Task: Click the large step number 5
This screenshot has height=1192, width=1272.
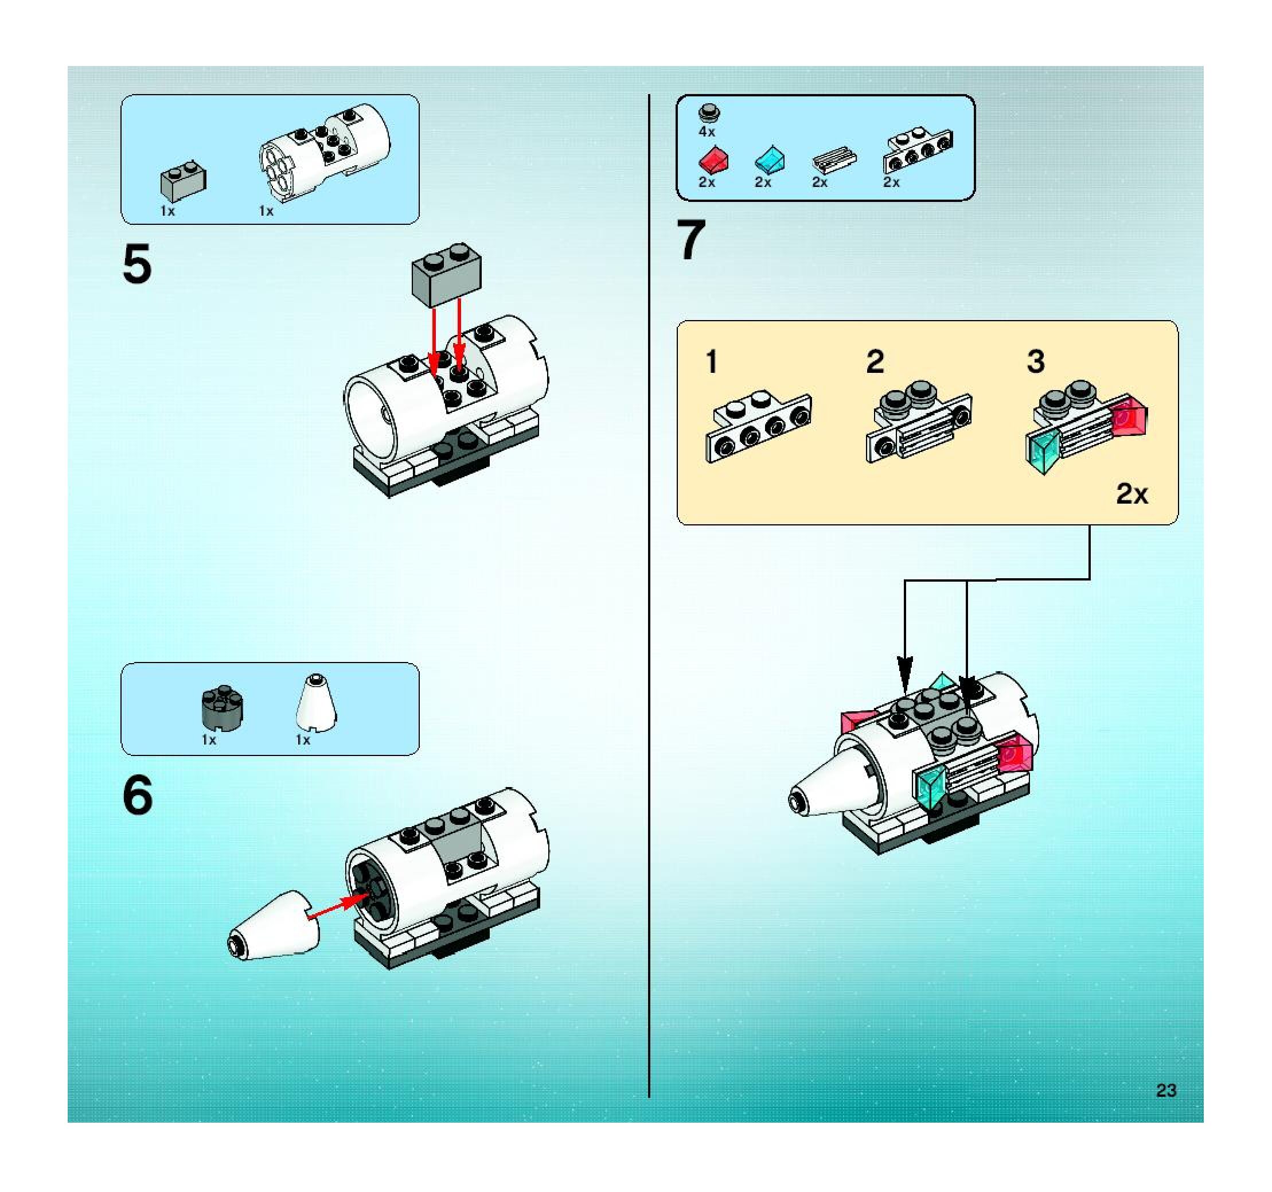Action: [x=137, y=264]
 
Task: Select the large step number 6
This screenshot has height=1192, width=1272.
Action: [x=138, y=794]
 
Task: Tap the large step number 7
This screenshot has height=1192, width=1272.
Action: [x=691, y=240]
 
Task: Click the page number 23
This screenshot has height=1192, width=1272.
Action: [x=1166, y=1090]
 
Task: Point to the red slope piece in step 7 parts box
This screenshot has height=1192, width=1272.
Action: [x=713, y=159]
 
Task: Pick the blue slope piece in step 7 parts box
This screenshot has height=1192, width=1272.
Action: [x=770, y=159]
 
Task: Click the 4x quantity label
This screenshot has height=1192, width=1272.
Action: [x=707, y=132]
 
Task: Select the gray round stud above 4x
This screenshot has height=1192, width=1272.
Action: [x=709, y=112]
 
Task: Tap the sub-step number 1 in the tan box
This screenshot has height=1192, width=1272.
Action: [x=712, y=362]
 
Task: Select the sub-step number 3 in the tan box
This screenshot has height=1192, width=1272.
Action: [x=1036, y=362]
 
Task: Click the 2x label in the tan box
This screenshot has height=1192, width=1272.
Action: [x=1132, y=494]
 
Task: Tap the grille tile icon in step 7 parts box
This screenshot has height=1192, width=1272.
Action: [x=834, y=160]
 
